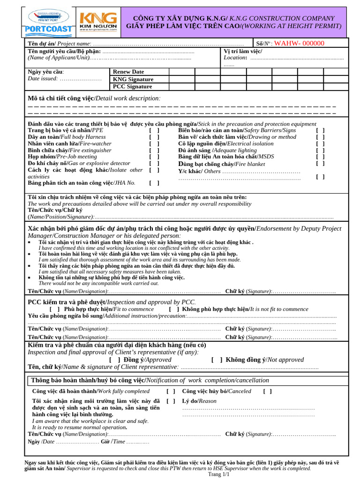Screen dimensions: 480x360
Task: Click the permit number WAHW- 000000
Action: tap(299, 43)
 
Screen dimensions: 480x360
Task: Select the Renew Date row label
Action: tap(128, 72)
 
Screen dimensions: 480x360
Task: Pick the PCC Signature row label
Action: tap(133, 87)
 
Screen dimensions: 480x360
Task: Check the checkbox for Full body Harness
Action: tap(154, 137)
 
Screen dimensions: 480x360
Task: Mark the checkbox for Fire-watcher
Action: tap(154, 143)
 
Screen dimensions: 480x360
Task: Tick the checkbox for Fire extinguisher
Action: tap(154, 150)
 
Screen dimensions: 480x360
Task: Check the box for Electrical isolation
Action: tap(320, 143)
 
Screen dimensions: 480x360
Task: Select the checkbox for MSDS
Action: tap(320, 157)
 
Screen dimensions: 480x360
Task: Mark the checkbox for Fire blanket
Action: tap(320, 164)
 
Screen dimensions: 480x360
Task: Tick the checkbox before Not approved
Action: tap(217, 360)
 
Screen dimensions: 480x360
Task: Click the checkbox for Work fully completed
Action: tap(171, 391)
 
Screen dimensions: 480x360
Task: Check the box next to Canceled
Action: tap(267, 391)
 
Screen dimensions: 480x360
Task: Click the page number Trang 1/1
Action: tap(219, 474)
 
